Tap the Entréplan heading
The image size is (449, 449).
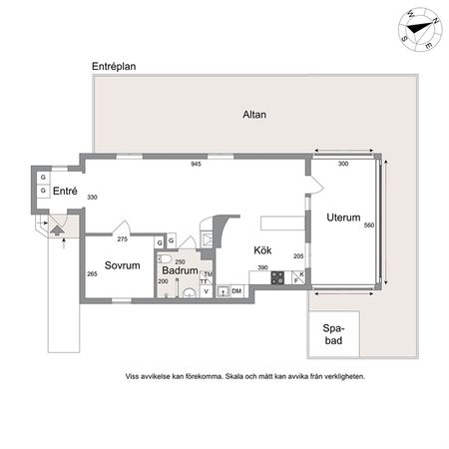pyautogui.click(x=113, y=67)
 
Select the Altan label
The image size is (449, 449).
pyautogui.click(x=254, y=115)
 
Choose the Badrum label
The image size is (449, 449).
pyautogui.click(x=179, y=270)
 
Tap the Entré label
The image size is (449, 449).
pyautogui.click(x=65, y=192)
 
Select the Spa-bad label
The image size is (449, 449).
pyautogui.click(x=333, y=334)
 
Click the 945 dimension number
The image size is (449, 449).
pyautogui.click(x=198, y=164)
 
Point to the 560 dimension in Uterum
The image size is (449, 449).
pyautogui.click(x=368, y=225)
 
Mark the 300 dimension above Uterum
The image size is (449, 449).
pyautogui.click(x=343, y=164)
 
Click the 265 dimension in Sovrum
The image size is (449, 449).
pyautogui.click(x=91, y=274)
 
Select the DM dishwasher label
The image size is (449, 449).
pyautogui.click(x=237, y=291)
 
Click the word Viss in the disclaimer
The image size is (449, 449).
pyautogui.click(x=132, y=377)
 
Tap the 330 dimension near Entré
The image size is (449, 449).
pyautogui.click(x=92, y=198)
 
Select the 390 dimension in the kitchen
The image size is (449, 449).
pyautogui.click(x=261, y=267)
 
